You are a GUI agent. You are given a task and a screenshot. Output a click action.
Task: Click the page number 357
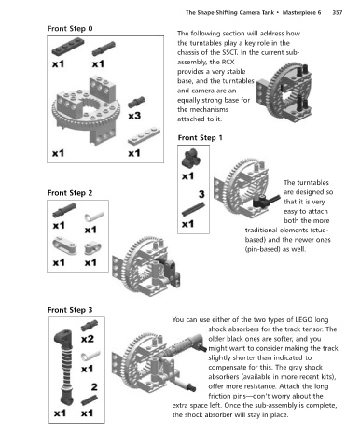(338, 12)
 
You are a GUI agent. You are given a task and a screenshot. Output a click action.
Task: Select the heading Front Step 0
(70, 29)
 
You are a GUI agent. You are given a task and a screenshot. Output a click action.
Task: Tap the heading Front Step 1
(201, 138)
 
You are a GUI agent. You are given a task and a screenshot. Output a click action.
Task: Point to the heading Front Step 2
(70, 193)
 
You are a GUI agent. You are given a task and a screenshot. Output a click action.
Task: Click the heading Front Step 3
(70, 310)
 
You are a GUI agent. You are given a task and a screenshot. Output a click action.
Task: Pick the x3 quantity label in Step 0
(134, 116)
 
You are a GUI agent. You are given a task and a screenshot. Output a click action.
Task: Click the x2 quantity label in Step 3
(87, 339)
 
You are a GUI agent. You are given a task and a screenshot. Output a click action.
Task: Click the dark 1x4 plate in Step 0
(68, 48)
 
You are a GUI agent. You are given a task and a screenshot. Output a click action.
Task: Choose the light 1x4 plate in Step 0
(144, 136)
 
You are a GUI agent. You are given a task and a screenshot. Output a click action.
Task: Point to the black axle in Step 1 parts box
(193, 209)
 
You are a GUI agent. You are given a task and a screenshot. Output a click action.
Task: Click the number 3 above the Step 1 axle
(201, 194)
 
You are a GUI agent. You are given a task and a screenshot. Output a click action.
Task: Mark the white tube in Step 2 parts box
(94, 217)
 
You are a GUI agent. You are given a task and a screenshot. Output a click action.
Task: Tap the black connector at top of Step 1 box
(190, 158)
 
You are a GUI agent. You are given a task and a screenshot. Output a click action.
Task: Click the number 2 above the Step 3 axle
(94, 387)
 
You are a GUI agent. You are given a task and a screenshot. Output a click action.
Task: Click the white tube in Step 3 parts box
(90, 356)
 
